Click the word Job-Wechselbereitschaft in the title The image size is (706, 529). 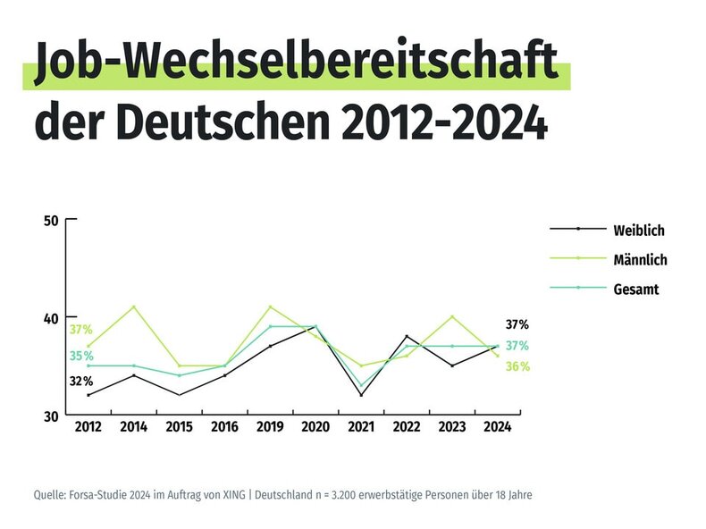click(x=295, y=66)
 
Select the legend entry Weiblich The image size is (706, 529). click(x=638, y=230)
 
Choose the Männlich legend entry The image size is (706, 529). click(x=640, y=260)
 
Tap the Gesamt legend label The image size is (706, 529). click(x=636, y=290)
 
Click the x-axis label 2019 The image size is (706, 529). click(x=270, y=427)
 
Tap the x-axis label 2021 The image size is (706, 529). click(x=361, y=427)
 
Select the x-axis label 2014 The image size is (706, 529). click(x=133, y=427)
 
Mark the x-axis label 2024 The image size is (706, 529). click(x=497, y=427)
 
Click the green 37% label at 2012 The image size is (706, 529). click(x=81, y=330)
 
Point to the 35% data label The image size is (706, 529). click(x=81, y=357)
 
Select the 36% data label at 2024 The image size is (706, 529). click(x=518, y=367)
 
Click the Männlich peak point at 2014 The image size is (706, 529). click(x=133, y=306)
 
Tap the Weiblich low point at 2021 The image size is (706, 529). click(x=361, y=395)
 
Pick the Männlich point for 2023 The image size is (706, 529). click(x=452, y=316)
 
